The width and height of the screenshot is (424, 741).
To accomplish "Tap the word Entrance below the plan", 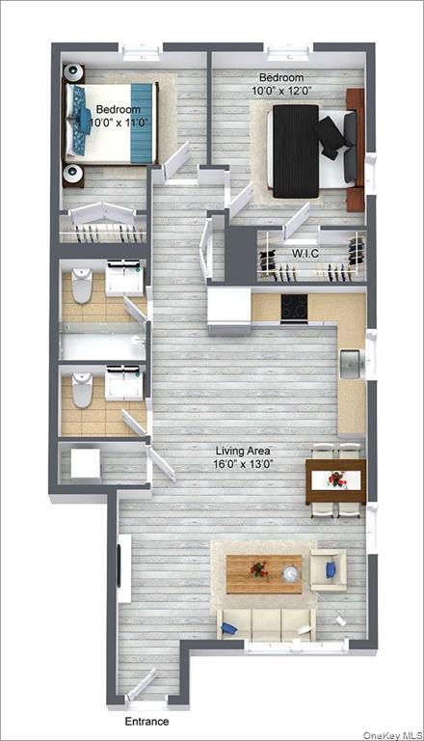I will point(146,722).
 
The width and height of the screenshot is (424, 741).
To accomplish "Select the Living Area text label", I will point(243,450).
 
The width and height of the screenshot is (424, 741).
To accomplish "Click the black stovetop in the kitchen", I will point(294,308).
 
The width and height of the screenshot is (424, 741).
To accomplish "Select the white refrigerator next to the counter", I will point(228,309).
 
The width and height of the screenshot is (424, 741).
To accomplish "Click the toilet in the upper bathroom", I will point(81,286).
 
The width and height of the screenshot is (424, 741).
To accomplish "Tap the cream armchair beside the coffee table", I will point(328,570).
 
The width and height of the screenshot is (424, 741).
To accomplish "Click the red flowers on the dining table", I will point(335,479).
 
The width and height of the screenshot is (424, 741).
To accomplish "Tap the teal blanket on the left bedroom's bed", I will point(142,123).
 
